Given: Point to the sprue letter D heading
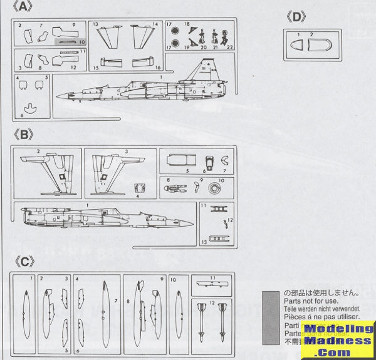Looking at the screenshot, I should point(295,17).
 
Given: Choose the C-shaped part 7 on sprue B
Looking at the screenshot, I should point(224,160).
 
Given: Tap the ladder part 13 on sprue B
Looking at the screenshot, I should point(218,238).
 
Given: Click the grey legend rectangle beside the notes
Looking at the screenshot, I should point(269,314).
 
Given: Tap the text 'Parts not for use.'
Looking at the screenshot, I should point(308,301).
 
